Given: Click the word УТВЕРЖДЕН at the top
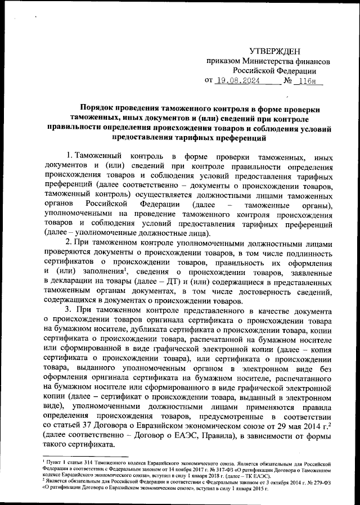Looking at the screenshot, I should tap(275, 52).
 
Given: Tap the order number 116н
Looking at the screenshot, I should tap(307, 80).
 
